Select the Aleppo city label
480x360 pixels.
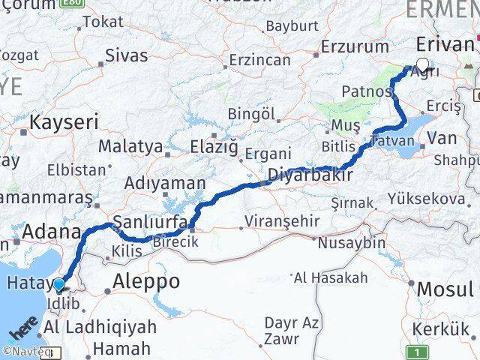pos(146,281)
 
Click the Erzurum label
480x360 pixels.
pos(355,46)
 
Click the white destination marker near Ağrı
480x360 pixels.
pos(422,65)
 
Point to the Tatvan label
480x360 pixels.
pos(391,141)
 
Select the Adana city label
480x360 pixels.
pos(51,232)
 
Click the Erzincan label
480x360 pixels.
pos(259,59)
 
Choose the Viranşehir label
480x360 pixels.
pos(281,222)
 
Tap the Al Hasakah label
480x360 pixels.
pos(331,278)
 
